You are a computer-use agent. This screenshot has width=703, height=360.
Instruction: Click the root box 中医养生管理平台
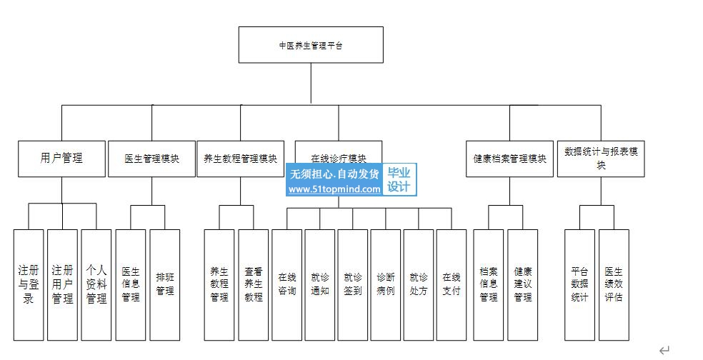pyautogui.click(x=310, y=45)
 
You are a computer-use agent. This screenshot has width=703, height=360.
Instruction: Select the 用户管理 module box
pyautogui.click(x=61, y=158)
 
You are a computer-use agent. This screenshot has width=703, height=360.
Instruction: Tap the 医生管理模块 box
pyautogui.click(x=151, y=159)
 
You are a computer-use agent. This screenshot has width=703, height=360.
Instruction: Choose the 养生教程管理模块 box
pyautogui.click(x=240, y=159)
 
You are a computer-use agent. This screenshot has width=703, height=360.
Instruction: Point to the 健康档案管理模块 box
pyautogui.click(x=509, y=159)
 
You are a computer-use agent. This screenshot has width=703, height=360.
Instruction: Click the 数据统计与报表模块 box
pyautogui.click(x=601, y=158)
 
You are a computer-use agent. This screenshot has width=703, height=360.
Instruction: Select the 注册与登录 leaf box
pyautogui.click(x=29, y=284)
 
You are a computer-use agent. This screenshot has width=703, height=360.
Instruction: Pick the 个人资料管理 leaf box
pyautogui.click(x=96, y=284)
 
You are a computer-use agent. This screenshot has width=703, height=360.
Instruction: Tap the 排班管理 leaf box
pyautogui.click(x=165, y=284)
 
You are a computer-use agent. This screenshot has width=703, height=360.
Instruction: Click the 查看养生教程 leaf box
pyautogui.click(x=254, y=284)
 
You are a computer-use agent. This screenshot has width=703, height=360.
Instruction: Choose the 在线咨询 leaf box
pyautogui.click(x=287, y=284)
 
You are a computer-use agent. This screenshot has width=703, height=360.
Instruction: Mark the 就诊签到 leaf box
pyautogui.click(x=353, y=284)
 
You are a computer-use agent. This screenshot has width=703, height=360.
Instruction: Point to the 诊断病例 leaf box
pyautogui.click(x=386, y=284)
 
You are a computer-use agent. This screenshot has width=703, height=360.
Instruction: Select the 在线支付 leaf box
pyautogui.click(x=452, y=284)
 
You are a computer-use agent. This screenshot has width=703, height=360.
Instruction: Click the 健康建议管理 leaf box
pyautogui.click(x=523, y=284)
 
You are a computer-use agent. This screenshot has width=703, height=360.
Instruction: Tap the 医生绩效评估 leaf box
pyautogui.click(x=614, y=284)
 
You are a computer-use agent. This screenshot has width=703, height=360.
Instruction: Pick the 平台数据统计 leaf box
pyautogui.click(x=579, y=284)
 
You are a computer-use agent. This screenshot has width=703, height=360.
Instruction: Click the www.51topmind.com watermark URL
pyautogui.click(x=334, y=189)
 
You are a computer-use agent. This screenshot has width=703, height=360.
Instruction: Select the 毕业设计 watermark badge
pyautogui.click(x=399, y=180)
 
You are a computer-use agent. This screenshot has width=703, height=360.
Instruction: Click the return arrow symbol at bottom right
pyautogui.click(x=664, y=349)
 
